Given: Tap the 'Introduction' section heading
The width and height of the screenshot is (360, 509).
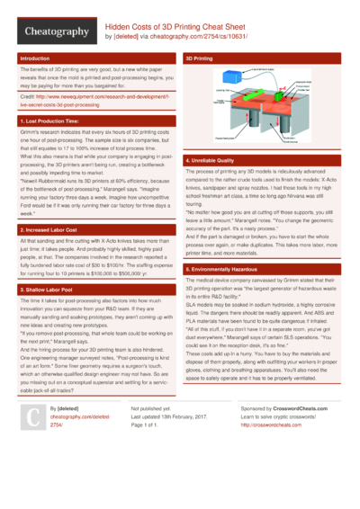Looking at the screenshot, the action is click(x=35, y=58).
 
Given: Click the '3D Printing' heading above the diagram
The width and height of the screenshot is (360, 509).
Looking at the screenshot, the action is click(x=199, y=58).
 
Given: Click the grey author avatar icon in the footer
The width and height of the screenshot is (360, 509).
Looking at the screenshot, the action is click(x=33, y=442).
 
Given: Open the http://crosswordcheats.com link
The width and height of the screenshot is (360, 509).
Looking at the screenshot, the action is click(x=274, y=451).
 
